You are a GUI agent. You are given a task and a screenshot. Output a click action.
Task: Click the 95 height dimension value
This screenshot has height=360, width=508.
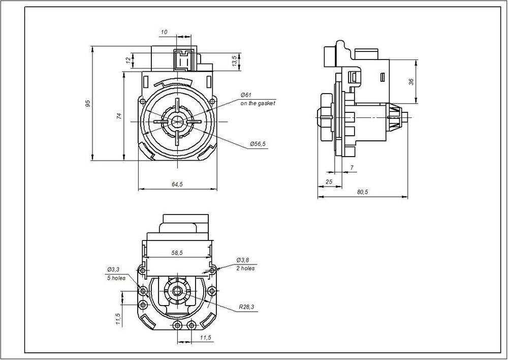(x=87, y=103)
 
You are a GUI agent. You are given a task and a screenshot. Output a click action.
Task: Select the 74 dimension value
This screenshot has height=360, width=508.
(x=119, y=116)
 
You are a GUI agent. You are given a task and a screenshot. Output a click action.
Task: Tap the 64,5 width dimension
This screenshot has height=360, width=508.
(x=177, y=184)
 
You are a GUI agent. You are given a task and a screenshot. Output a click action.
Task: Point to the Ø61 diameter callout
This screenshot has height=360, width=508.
(x=246, y=95)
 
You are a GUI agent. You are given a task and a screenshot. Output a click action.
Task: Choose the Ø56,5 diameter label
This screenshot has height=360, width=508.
(x=258, y=144)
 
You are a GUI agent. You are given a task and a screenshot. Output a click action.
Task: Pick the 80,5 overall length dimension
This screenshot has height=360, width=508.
(x=362, y=191)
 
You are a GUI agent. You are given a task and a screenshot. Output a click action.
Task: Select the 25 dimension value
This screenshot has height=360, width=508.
(x=329, y=181)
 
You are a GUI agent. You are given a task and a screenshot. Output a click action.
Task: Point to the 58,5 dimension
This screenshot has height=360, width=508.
(x=177, y=252)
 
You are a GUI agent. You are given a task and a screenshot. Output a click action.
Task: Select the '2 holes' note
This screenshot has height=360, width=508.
(x=245, y=268)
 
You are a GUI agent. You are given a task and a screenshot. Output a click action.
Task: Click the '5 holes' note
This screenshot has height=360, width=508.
(x=116, y=278)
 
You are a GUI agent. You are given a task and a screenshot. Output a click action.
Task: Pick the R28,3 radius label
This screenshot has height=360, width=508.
(x=246, y=308)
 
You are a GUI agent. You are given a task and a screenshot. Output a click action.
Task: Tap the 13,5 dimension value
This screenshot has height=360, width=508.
(x=234, y=61)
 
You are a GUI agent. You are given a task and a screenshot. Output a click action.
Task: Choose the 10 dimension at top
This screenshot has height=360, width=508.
(x=164, y=32)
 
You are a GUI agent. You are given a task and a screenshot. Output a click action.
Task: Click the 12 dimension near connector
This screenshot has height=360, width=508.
(x=128, y=61)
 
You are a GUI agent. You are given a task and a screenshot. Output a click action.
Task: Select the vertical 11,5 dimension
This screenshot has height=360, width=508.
(x=118, y=318)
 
